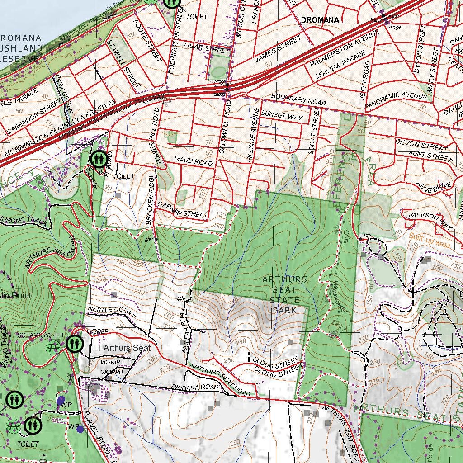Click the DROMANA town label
pyautogui.click(x=320, y=19)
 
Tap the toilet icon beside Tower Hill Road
pyautogui.click(x=98, y=159)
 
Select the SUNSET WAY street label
pyautogui.click(x=282, y=116)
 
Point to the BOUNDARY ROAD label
pyautogui.click(x=298, y=100)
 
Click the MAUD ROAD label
pyautogui.click(x=194, y=161)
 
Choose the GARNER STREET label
pyautogui.click(x=183, y=209)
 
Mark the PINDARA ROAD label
pyautogui.click(x=195, y=387)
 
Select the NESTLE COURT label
pyautogui.click(x=112, y=312)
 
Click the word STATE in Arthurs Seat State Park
pyautogui.click(x=285, y=300)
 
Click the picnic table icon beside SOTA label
pyautogui.click(x=53, y=347)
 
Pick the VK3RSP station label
pyautogui.click(x=98, y=331)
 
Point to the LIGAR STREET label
pyautogui.click(x=207, y=47)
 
